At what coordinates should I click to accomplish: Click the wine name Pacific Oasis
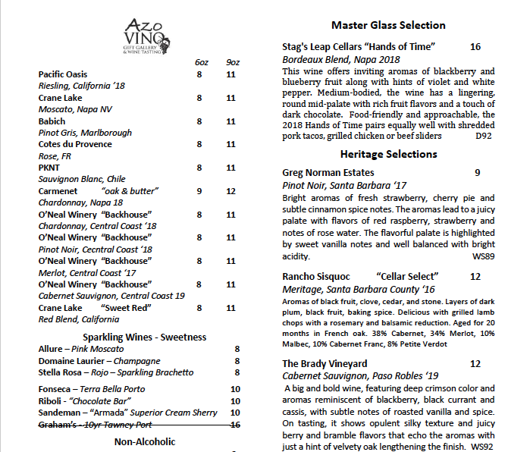63,74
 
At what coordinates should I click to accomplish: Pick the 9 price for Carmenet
199,191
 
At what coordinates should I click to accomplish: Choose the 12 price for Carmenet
231,191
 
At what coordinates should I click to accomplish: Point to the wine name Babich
52,121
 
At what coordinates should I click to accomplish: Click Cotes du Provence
75,144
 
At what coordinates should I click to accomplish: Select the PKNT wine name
49,168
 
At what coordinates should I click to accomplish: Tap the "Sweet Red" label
126,308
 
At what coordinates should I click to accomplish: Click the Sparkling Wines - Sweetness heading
144,337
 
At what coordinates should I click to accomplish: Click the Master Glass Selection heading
388,25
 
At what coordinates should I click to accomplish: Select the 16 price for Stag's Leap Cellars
475,47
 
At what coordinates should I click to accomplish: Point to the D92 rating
483,137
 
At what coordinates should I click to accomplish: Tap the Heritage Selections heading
388,154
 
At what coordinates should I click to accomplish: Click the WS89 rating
482,257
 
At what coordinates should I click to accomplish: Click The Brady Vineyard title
325,364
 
